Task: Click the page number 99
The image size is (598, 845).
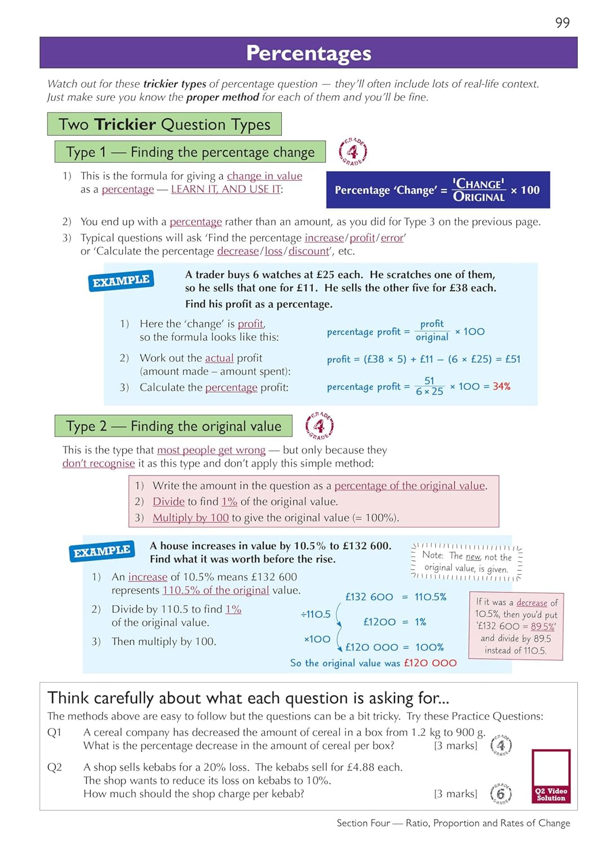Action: coord(562,23)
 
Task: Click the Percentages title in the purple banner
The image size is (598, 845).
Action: coord(308,53)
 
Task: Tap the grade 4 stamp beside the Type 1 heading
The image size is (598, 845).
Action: coord(353,152)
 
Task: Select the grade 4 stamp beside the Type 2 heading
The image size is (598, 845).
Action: coord(319,426)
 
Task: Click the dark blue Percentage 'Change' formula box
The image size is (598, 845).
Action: coord(437,190)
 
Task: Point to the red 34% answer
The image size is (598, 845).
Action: coord(501,386)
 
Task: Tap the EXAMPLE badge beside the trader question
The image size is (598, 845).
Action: coord(121,281)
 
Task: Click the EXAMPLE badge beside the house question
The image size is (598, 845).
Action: coord(102,551)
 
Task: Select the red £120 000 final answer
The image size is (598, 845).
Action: coord(430,663)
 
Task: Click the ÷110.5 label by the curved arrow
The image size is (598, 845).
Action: coord(316,614)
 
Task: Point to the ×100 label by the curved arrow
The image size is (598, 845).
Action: coord(317,639)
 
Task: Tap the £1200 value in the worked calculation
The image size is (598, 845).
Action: coord(379,622)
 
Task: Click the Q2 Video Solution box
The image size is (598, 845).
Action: coord(551,776)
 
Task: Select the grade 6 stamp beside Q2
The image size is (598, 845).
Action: coord(500,793)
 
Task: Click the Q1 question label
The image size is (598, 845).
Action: coord(54,732)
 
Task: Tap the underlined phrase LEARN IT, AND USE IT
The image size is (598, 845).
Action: coord(225,189)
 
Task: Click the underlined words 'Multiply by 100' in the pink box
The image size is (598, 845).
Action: coord(191,518)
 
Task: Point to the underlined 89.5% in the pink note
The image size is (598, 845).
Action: coord(543,626)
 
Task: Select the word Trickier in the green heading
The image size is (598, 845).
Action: coord(125,124)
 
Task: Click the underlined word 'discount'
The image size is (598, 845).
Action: coord(308,251)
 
